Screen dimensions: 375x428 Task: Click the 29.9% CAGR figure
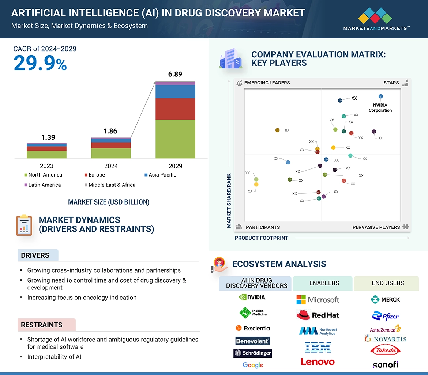(40, 63)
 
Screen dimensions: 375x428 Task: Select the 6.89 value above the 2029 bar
(175, 74)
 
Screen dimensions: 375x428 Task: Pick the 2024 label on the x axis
(111, 166)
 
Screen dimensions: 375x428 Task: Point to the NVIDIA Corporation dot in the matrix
(380, 97)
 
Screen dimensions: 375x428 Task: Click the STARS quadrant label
(391, 83)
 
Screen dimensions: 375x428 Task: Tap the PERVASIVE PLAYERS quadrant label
(376, 227)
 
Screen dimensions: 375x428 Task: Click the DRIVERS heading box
(38, 255)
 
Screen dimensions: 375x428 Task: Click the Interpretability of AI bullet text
(54, 357)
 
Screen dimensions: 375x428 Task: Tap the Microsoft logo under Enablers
(318, 300)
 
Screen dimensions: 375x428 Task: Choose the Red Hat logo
(318, 315)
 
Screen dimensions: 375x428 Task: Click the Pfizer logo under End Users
(386, 315)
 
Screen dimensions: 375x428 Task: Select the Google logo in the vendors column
(253, 365)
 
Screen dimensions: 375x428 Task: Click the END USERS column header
(387, 283)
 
